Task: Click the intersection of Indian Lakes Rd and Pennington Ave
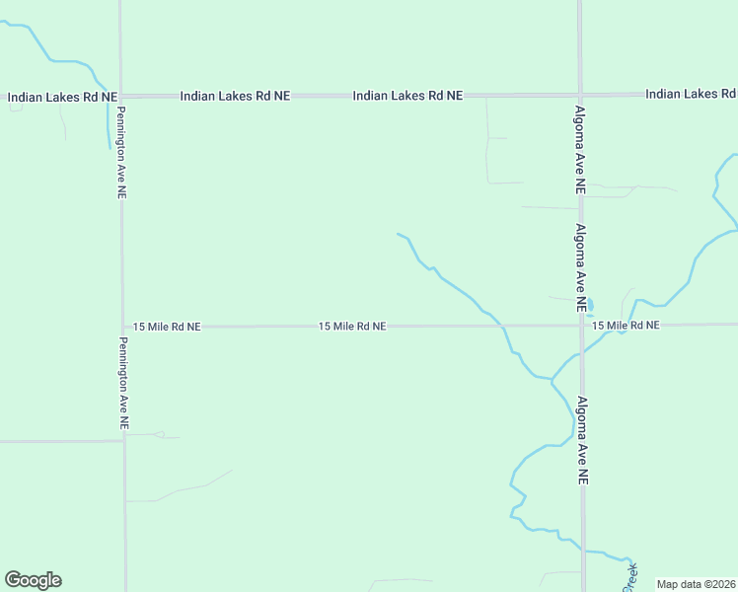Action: click(121, 96)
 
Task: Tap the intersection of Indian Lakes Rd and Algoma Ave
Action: click(580, 96)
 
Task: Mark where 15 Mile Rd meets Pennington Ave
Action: click(123, 326)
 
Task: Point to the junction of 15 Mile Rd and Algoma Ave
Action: click(582, 325)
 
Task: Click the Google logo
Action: click(33, 580)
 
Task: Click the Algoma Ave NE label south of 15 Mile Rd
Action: click(582, 438)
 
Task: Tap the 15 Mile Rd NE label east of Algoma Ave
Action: click(625, 326)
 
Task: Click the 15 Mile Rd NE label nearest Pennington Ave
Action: click(167, 326)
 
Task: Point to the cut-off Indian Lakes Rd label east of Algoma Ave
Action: click(690, 94)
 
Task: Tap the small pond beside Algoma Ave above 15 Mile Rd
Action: click(590, 304)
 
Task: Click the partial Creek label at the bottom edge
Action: click(629, 577)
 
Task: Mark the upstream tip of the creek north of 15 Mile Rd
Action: click(398, 234)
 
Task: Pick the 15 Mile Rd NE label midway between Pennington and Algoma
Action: click(352, 326)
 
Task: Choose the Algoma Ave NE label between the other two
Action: click(582, 267)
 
